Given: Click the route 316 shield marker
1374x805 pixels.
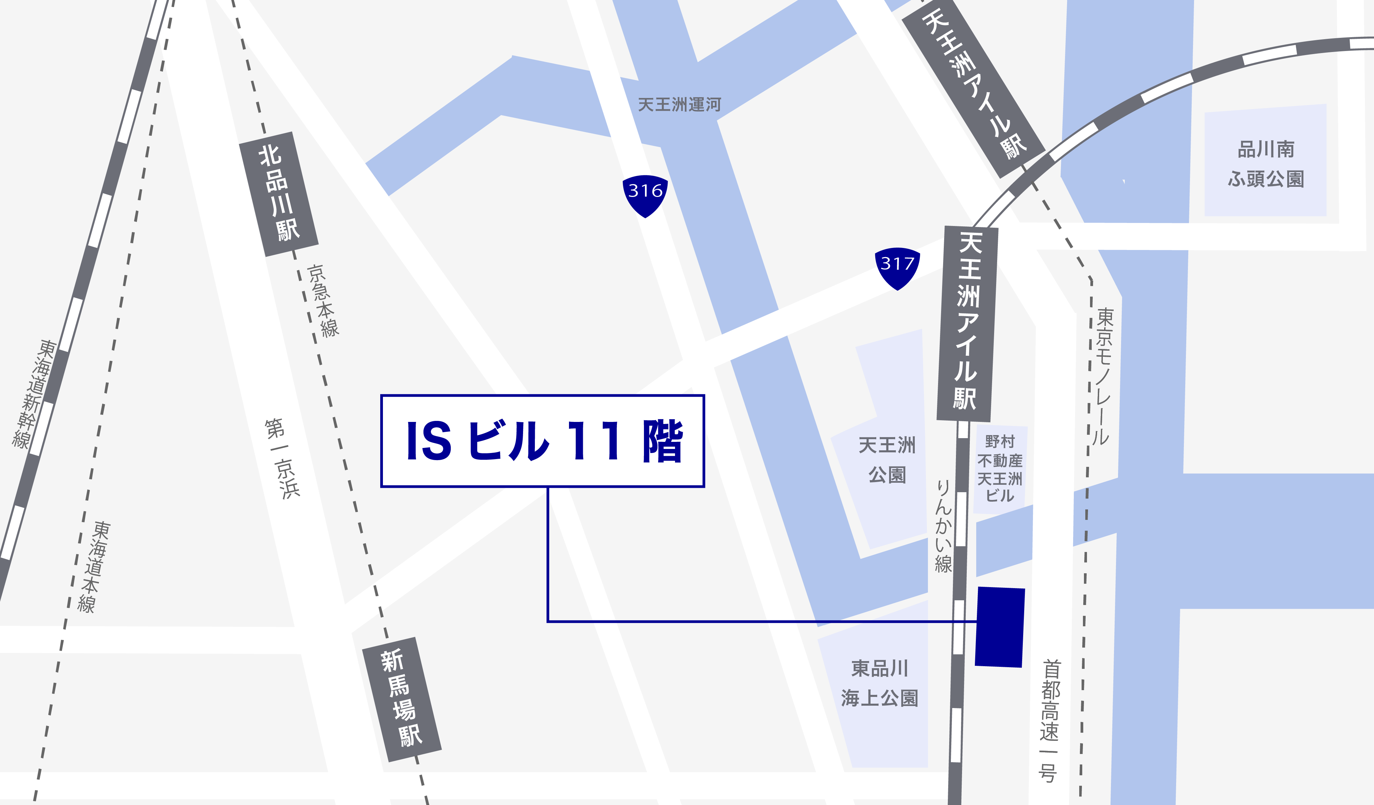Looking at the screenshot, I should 645,195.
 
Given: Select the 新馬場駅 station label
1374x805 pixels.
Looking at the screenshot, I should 402,699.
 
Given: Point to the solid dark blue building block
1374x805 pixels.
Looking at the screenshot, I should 1000,627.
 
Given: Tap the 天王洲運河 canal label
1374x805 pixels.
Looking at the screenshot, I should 679,104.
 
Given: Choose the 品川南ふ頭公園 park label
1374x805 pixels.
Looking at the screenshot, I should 1266,163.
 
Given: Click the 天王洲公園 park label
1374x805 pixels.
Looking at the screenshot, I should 887,460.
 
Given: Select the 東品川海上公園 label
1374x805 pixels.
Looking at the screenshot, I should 879,683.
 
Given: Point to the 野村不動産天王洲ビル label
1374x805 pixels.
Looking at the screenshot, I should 1000,469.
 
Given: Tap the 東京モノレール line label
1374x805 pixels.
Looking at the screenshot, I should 1103,376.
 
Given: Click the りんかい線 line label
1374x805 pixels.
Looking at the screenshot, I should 943,526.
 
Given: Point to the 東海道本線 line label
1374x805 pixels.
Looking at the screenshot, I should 94,567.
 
